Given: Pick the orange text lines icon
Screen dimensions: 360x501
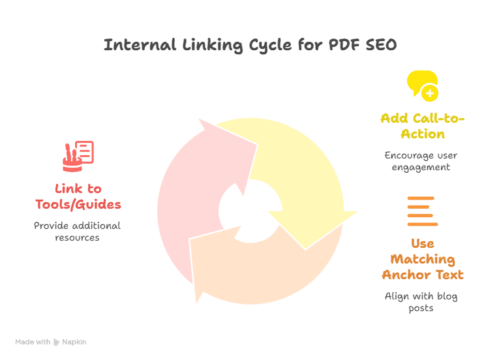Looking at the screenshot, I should (421, 211).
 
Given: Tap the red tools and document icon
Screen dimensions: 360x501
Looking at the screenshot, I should (78, 154).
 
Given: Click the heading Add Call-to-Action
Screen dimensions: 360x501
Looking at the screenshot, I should (422, 126).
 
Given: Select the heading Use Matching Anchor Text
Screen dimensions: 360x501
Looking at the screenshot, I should (422, 259).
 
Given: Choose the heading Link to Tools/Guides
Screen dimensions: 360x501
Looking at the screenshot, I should (78, 196).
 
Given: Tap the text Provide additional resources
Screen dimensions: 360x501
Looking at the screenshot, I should (78, 232).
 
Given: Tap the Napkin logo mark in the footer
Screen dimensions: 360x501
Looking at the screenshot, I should (57, 342).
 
